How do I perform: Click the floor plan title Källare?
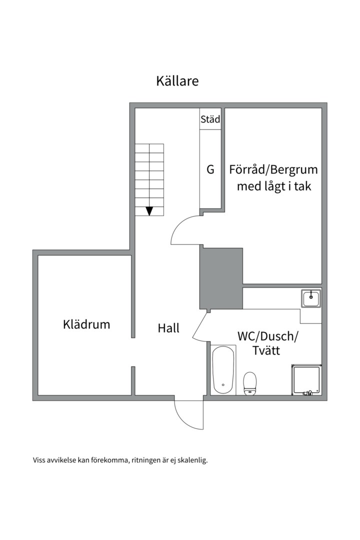tap(177, 81)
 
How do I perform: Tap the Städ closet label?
tap(210, 119)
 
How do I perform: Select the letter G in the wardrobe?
tap(210, 169)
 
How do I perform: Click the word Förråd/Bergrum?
tap(273, 170)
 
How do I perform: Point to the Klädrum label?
tap(86, 324)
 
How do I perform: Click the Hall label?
tap(168, 328)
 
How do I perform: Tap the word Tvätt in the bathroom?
tap(266, 350)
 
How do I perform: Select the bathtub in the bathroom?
tap(223, 370)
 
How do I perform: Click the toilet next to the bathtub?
tap(250, 383)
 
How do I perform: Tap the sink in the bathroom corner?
tap(311, 298)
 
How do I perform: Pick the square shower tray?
tap(306, 379)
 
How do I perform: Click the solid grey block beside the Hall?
tap(221, 278)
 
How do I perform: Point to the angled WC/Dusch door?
tap(199, 325)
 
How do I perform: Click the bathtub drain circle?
tap(223, 384)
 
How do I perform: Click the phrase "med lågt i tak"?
tap(274, 186)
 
